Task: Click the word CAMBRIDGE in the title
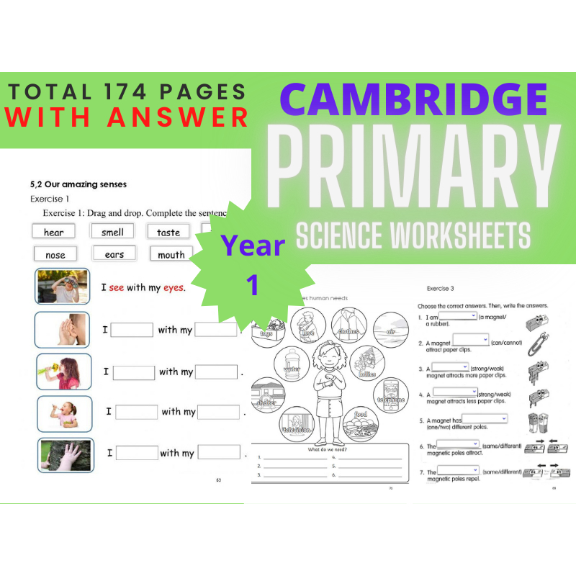(409, 102)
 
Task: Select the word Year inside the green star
(253, 246)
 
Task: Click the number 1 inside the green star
(253, 285)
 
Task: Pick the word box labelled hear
(54, 232)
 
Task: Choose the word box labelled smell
(112, 232)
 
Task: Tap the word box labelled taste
(168, 232)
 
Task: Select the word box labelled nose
(55, 254)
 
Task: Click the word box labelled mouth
(171, 254)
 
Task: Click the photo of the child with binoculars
(62, 287)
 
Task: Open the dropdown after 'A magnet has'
(485, 418)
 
